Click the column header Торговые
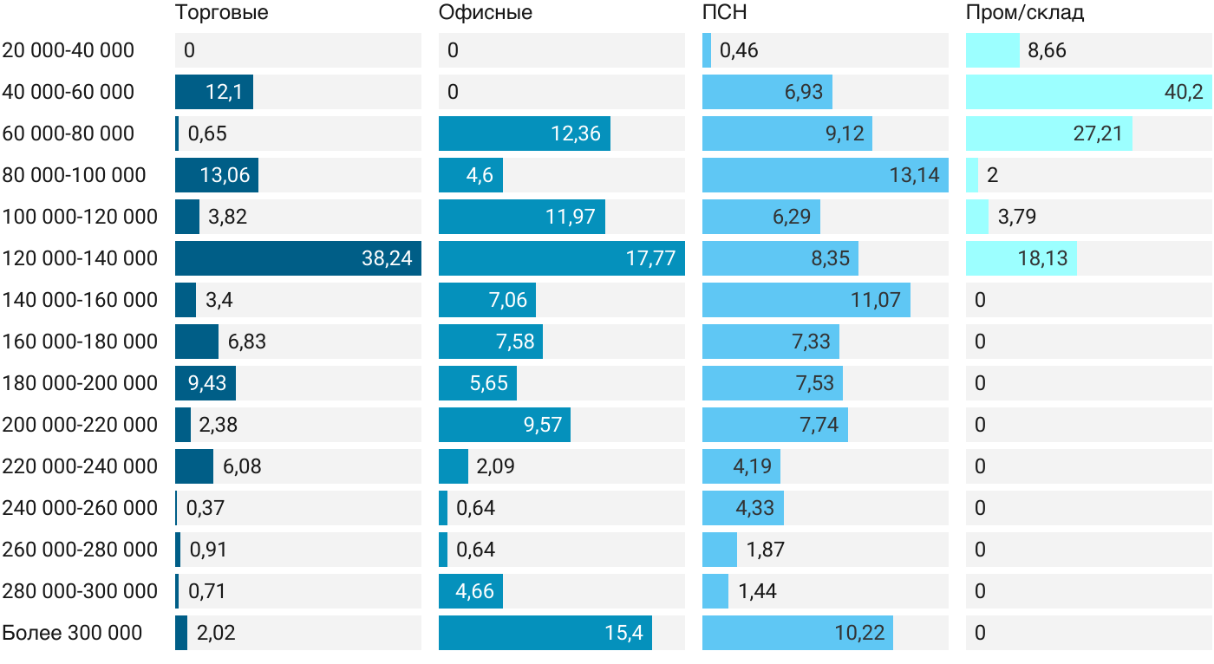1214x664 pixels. pyautogui.click(x=221, y=12)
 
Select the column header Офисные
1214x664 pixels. pyautogui.click(x=485, y=12)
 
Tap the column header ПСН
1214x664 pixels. pyautogui.click(x=724, y=12)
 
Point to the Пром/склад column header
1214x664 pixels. pyautogui.click(x=1025, y=12)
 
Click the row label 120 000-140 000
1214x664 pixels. pyautogui.click(x=80, y=258)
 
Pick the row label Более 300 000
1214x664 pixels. pyautogui.click(x=72, y=633)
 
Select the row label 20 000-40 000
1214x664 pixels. pyautogui.click(x=69, y=50)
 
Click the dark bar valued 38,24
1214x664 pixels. pyautogui.click(x=297, y=258)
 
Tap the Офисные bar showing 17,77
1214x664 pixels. pyautogui.click(x=561, y=258)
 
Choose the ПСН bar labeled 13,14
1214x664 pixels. pyautogui.click(x=825, y=175)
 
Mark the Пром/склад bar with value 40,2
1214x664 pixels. pyautogui.click(x=1088, y=92)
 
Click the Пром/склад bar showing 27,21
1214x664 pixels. pyautogui.click(x=1048, y=133)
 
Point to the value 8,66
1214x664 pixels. pyautogui.click(x=1047, y=50)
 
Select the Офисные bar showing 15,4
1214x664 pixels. pyautogui.click(x=545, y=633)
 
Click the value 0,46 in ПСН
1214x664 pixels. pyautogui.click(x=739, y=50)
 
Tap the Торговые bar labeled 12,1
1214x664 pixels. pyautogui.click(x=213, y=92)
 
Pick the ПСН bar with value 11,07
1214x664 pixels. pyautogui.click(x=806, y=300)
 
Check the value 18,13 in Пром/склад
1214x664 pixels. pyautogui.click(x=1044, y=258)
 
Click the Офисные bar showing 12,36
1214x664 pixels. pyautogui.click(x=524, y=133)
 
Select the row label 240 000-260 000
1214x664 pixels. pyautogui.click(x=80, y=508)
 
